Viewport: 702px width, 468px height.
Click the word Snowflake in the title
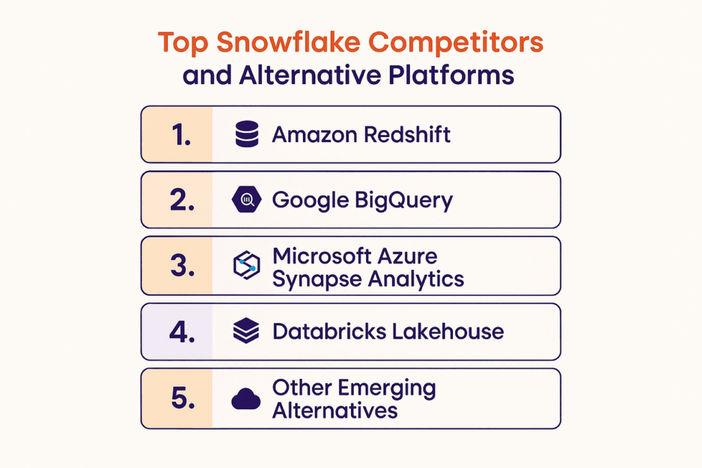276,43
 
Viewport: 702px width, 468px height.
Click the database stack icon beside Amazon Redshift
245,135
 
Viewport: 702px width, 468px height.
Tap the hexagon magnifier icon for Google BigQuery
245,201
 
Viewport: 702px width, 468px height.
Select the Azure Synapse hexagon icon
245,266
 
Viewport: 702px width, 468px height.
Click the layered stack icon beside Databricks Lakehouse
245,332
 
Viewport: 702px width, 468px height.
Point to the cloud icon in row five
245,398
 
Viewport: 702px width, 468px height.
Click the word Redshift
407,134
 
